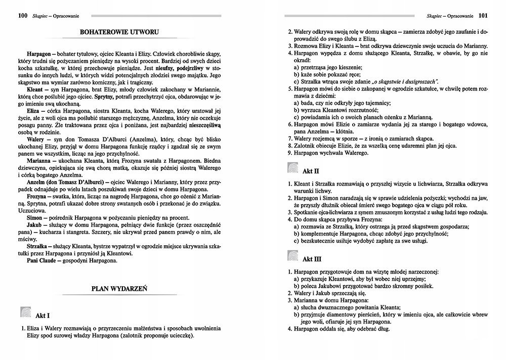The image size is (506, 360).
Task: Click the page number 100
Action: tap(22, 16)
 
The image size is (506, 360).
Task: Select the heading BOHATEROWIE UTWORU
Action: tap(120, 32)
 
